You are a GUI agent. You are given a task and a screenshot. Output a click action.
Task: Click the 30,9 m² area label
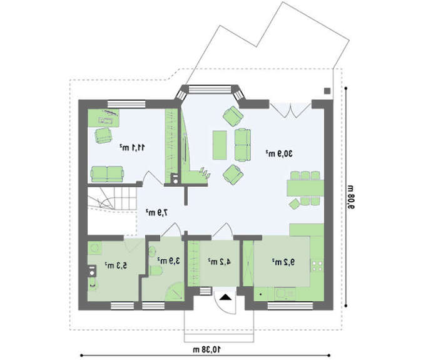coord(279,153)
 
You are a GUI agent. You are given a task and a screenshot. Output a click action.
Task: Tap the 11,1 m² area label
coord(133,147)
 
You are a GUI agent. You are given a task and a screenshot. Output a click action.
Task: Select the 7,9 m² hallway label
coord(157,213)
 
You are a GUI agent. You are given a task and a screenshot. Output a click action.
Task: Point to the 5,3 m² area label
coord(116,265)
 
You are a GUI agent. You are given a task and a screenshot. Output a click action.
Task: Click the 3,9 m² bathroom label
coord(168,261)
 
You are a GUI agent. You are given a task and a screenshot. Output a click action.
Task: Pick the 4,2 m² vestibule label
coord(219,262)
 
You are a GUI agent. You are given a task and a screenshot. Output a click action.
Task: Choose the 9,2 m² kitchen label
coord(283,262)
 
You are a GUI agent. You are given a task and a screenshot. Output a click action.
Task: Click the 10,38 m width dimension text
coord(206,349)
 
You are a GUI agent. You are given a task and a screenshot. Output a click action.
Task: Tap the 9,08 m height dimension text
coord(351,197)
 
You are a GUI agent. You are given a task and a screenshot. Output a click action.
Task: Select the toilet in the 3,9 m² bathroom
coord(156,270)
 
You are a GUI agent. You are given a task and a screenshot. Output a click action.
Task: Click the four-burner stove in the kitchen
coord(317,265)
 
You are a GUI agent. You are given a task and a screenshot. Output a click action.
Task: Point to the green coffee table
coord(220,145)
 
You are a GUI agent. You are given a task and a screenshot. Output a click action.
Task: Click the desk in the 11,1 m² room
coord(104,118)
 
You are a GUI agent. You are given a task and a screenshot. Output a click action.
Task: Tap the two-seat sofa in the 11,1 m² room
coord(107,174)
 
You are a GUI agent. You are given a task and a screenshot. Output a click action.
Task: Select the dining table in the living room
coord(305,188)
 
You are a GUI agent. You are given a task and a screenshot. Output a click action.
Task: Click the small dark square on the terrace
coord(327,91)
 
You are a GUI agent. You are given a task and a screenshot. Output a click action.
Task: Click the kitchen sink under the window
coord(285,294)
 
